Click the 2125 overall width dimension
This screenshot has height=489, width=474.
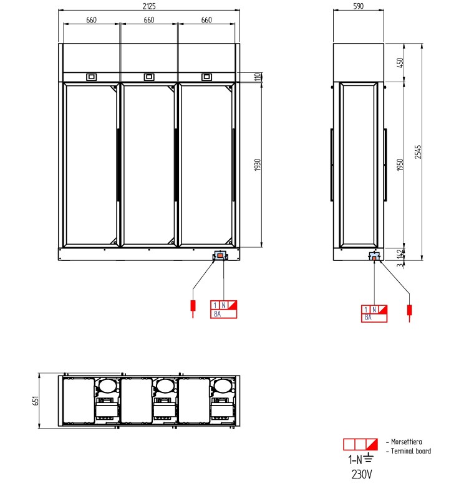click(149, 6)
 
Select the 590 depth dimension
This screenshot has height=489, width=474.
click(358, 6)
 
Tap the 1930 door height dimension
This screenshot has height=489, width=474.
click(256, 165)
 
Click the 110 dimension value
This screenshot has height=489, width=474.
click(256, 77)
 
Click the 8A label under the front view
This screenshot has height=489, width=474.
click(218, 314)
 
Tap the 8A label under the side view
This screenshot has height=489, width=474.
click(367, 318)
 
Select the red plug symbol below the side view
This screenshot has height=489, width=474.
click(410, 310)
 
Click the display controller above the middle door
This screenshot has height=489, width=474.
click(148, 77)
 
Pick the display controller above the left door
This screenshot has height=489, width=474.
click(91, 77)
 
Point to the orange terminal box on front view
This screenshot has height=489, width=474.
click(220, 256)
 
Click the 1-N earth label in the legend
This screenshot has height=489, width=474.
click(360, 460)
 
